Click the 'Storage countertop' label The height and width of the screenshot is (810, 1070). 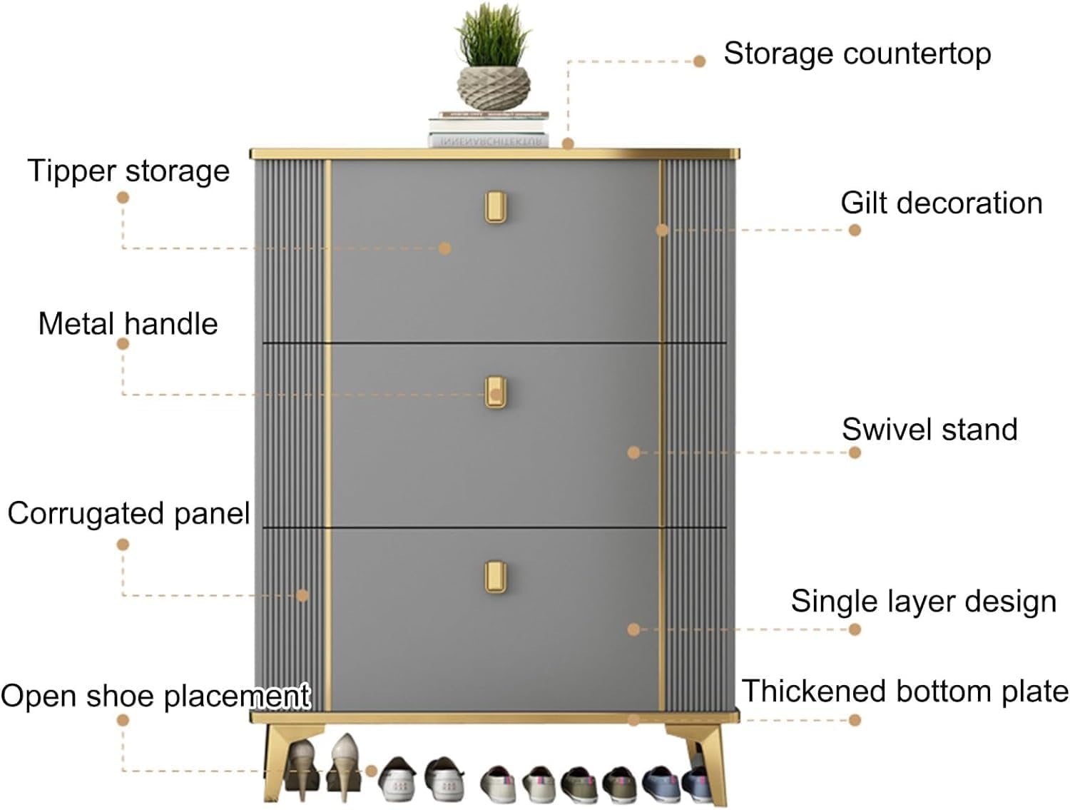(x=857, y=54)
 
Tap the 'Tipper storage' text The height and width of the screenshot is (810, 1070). (x=128, y=171)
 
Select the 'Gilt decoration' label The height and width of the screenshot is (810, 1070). (x=941, y=203)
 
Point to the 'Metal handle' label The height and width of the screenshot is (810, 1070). (x=128, y=324)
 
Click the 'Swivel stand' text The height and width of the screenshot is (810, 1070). (x=929, y=430)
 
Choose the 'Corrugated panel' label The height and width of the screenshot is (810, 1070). (x=128, y=514)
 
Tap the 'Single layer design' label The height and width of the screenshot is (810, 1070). (x=923, y=602)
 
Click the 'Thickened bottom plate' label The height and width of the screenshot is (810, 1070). (x=905, y=692)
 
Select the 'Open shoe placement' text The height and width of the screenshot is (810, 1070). (x=155, y=697)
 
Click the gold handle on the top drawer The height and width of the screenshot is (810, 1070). (x=496, y=208)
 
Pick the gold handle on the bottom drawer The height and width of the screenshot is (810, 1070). (x=496, y=577)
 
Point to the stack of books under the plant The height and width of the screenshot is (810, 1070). (x=489, y=130)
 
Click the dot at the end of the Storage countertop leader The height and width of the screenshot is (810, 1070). (x=699, y=61)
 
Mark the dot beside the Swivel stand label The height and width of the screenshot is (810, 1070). (x=855, y=452)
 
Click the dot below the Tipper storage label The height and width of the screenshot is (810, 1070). (x=123, y=197)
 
